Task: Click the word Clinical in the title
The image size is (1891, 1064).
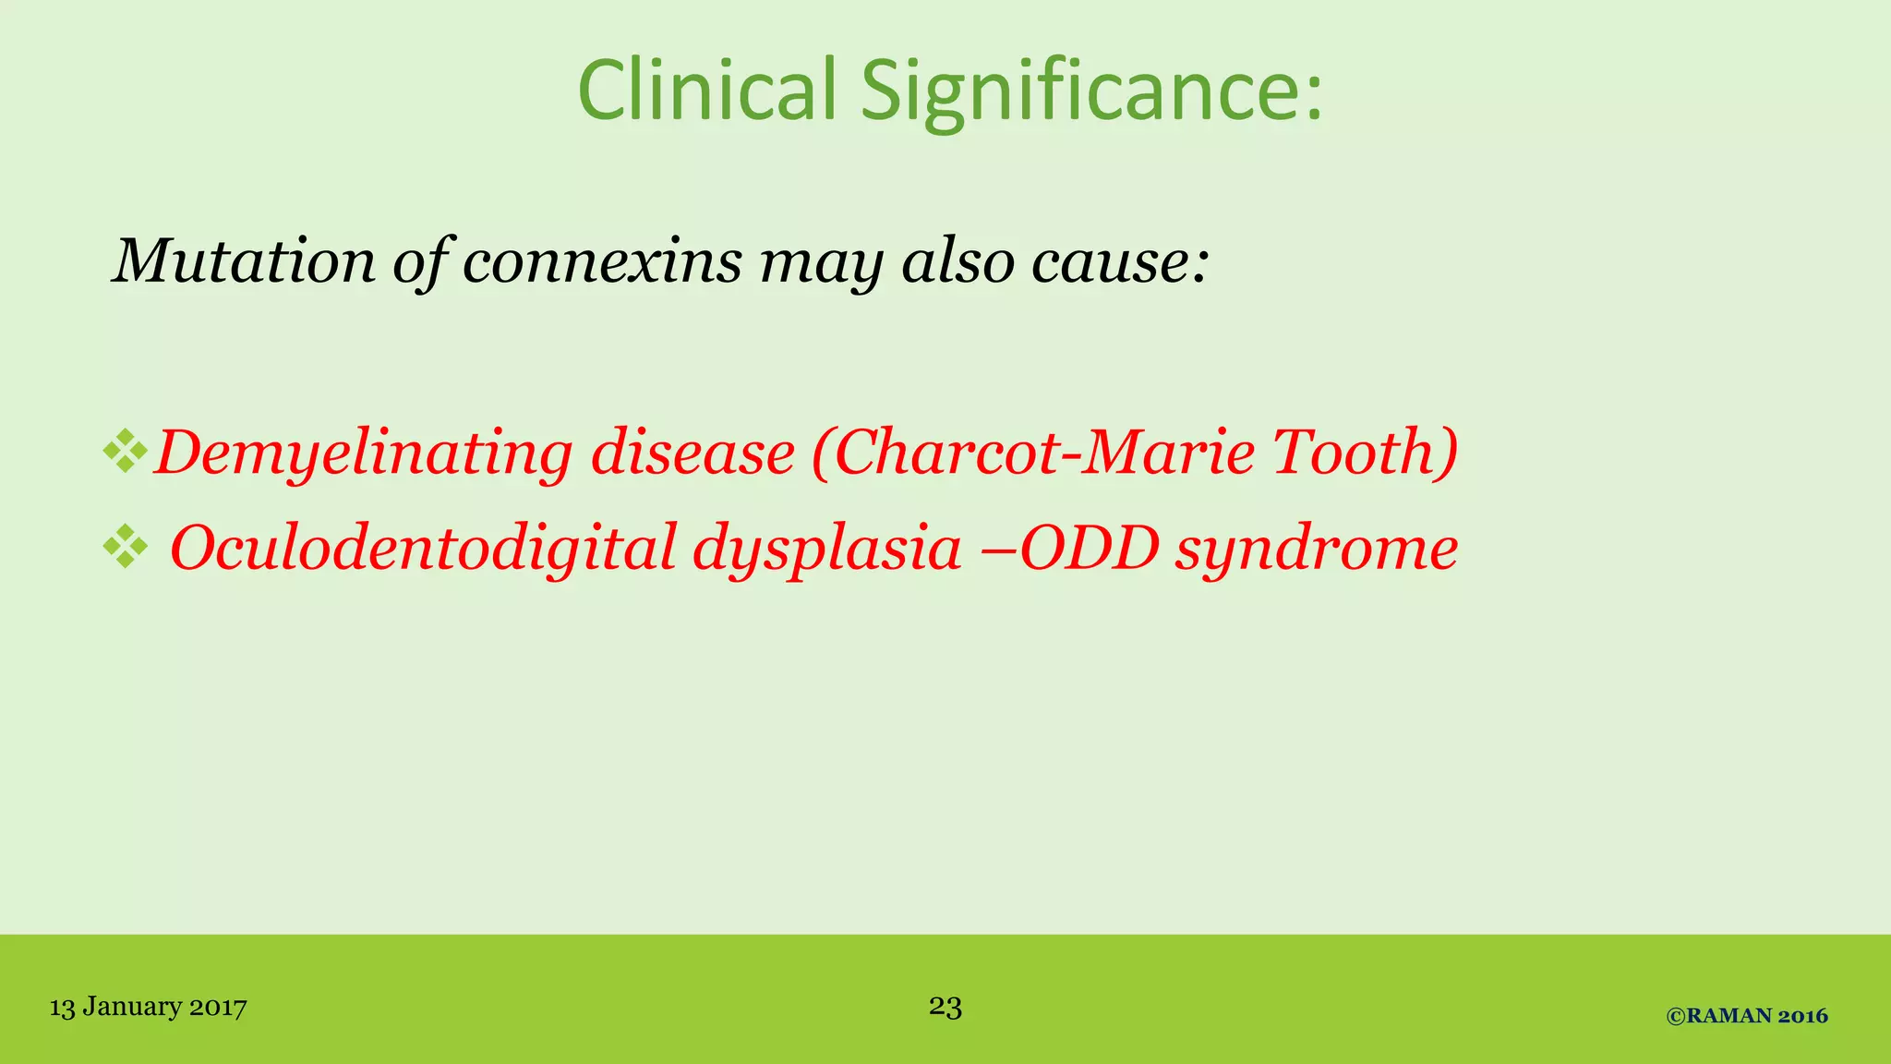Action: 706,90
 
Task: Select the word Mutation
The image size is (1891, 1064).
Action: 243,261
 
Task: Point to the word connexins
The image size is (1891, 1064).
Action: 602,261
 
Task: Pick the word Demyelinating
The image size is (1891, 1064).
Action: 363,453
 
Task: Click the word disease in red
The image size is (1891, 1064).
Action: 693,453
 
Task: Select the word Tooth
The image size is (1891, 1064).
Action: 1355,452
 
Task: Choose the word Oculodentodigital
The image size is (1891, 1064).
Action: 424,548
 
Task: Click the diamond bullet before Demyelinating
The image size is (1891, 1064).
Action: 126,452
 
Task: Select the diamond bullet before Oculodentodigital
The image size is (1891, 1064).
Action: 126,546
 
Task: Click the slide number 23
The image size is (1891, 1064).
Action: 945,1006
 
